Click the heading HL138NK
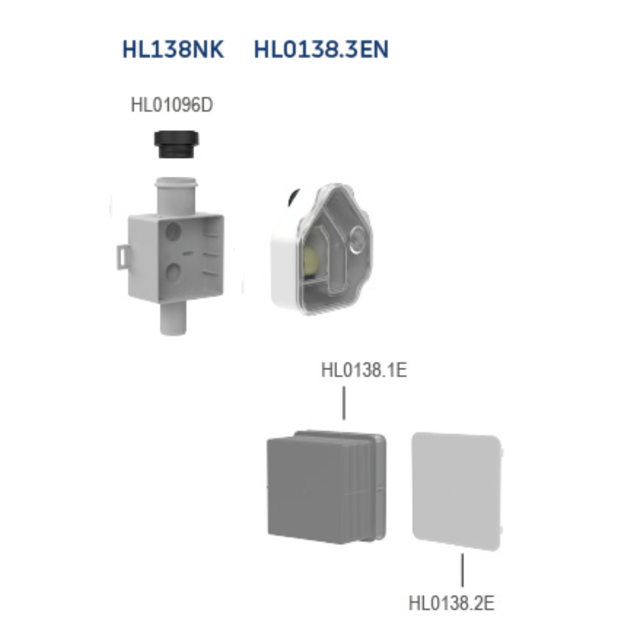[x=173, y=49]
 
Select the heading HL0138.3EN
[x=321, y=49]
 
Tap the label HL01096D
[x=172, y=105]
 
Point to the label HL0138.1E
[x=364, y=370]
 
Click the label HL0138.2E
[x=451, y=603]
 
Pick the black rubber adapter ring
[x=177, y=145]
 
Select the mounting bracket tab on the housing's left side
[x=123, y=257]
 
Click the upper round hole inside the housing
[x=173, y=231]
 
